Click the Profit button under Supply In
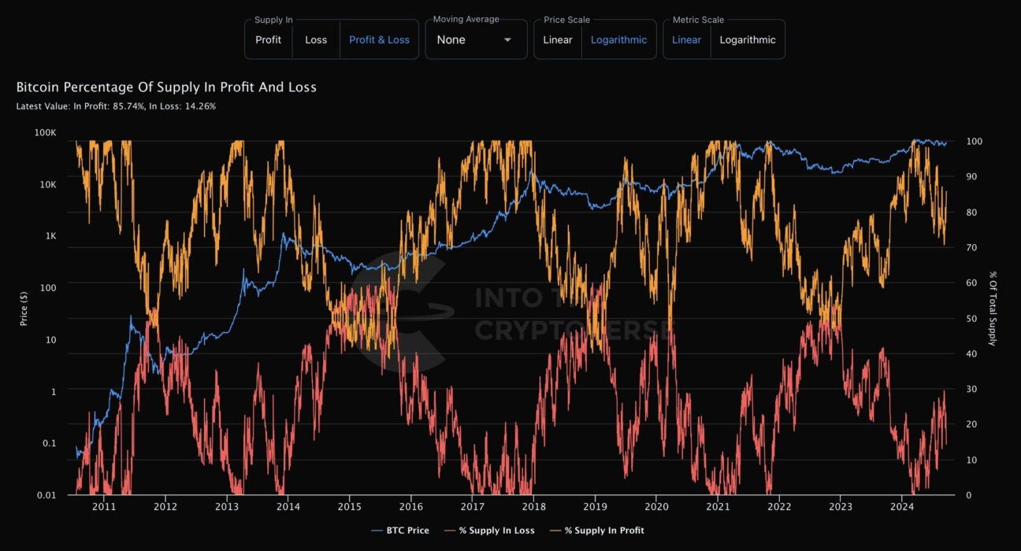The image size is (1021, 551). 268,40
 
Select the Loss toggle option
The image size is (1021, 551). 316,40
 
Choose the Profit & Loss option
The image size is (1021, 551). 379,40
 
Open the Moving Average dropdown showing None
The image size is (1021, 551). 475,40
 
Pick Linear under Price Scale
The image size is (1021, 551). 558,40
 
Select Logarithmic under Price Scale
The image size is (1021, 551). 618,40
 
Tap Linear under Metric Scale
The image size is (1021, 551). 686,40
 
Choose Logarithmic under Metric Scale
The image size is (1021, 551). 748,40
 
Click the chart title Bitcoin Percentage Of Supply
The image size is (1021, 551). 166,87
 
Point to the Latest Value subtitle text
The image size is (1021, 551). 116,106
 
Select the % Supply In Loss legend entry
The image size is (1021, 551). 496,531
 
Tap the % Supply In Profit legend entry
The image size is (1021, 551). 603,531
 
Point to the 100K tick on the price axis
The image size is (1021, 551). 46,133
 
